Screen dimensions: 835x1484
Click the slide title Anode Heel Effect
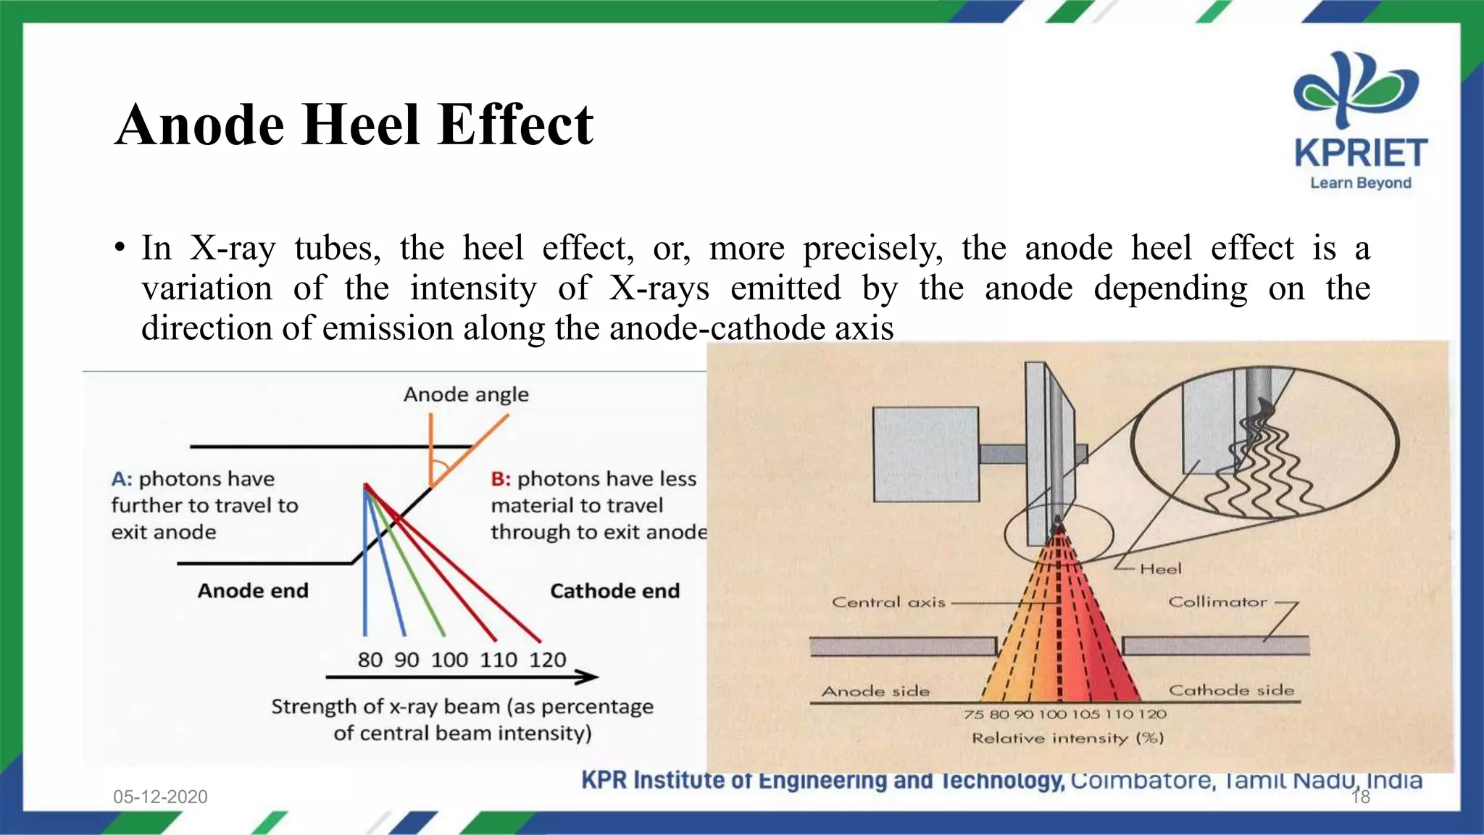click(x=354, y=125)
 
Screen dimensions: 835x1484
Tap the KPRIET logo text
click(x=1360, y=154)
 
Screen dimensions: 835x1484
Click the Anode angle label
click(x=466, y=394)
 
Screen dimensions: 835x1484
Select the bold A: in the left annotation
click(x=121, y=479)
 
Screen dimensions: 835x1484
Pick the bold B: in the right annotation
click(x=501, y=479)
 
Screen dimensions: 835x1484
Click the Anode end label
click(x=253, y=591)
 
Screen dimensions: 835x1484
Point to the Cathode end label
click(x=614, y=591)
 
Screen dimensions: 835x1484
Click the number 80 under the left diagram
click(x=370, y=660)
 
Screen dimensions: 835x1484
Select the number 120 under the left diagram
click(x=547, y=660)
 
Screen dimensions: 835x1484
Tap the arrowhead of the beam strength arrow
click(x=588, y=677)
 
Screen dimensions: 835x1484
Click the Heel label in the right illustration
click(x=1160, y=569)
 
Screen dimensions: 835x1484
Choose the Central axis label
click(x=888, y=602)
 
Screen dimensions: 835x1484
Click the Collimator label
click(x=1217, y=602)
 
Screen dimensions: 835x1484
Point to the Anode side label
click(x=875, y=691)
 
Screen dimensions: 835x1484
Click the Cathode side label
click(x=1231, y=690)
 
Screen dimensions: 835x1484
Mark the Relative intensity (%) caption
click(x=1067, y=738)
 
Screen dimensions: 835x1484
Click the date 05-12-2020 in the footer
click(x=160, y=797)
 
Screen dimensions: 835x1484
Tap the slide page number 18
click(x=1360, y=797)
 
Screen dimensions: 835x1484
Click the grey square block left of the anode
click(x=925, y=454)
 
